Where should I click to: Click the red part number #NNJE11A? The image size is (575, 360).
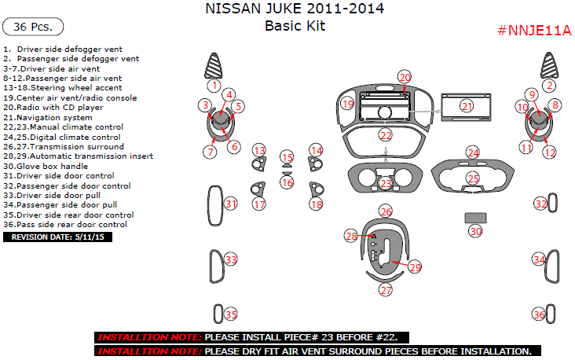coord(534,31)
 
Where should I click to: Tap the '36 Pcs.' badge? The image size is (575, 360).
coord(33,27)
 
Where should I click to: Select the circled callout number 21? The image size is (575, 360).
coord(467,106)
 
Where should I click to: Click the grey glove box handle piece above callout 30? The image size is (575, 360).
coord(475,218)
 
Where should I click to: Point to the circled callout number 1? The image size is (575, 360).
coord(214,86)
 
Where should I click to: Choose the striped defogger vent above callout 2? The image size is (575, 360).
coord(549,65)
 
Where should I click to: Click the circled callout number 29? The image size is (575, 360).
coord(415,267)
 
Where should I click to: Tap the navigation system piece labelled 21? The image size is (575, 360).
coord(466,107)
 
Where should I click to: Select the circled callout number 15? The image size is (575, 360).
coord(287,157)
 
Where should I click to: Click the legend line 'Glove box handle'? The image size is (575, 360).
coord(46,166)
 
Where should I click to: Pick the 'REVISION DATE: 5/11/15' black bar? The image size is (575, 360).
coord(57,237)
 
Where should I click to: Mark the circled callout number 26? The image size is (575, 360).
coord(386,211)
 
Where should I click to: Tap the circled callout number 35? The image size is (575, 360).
coord(231,314)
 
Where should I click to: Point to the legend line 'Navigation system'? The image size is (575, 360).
coord(48,117)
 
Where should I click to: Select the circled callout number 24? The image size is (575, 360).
coord(473,152)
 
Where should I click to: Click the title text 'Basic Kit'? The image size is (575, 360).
coord(295,26)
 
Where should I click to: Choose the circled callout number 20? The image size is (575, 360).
coord(405,78)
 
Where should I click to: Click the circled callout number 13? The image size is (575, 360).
coord(259,150)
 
